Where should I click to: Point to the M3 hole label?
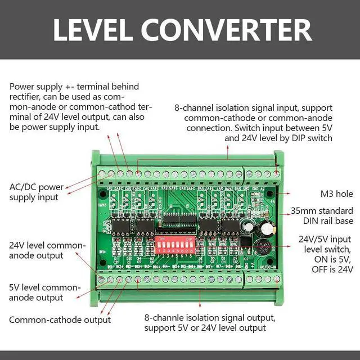coord(336,194)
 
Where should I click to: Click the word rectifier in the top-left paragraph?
coord(28,97)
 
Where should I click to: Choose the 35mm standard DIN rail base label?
coord(322,217)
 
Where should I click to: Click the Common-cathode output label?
coord(60,320)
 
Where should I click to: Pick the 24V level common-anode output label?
coord(47,251)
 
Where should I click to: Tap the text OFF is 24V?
coord(332,269)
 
